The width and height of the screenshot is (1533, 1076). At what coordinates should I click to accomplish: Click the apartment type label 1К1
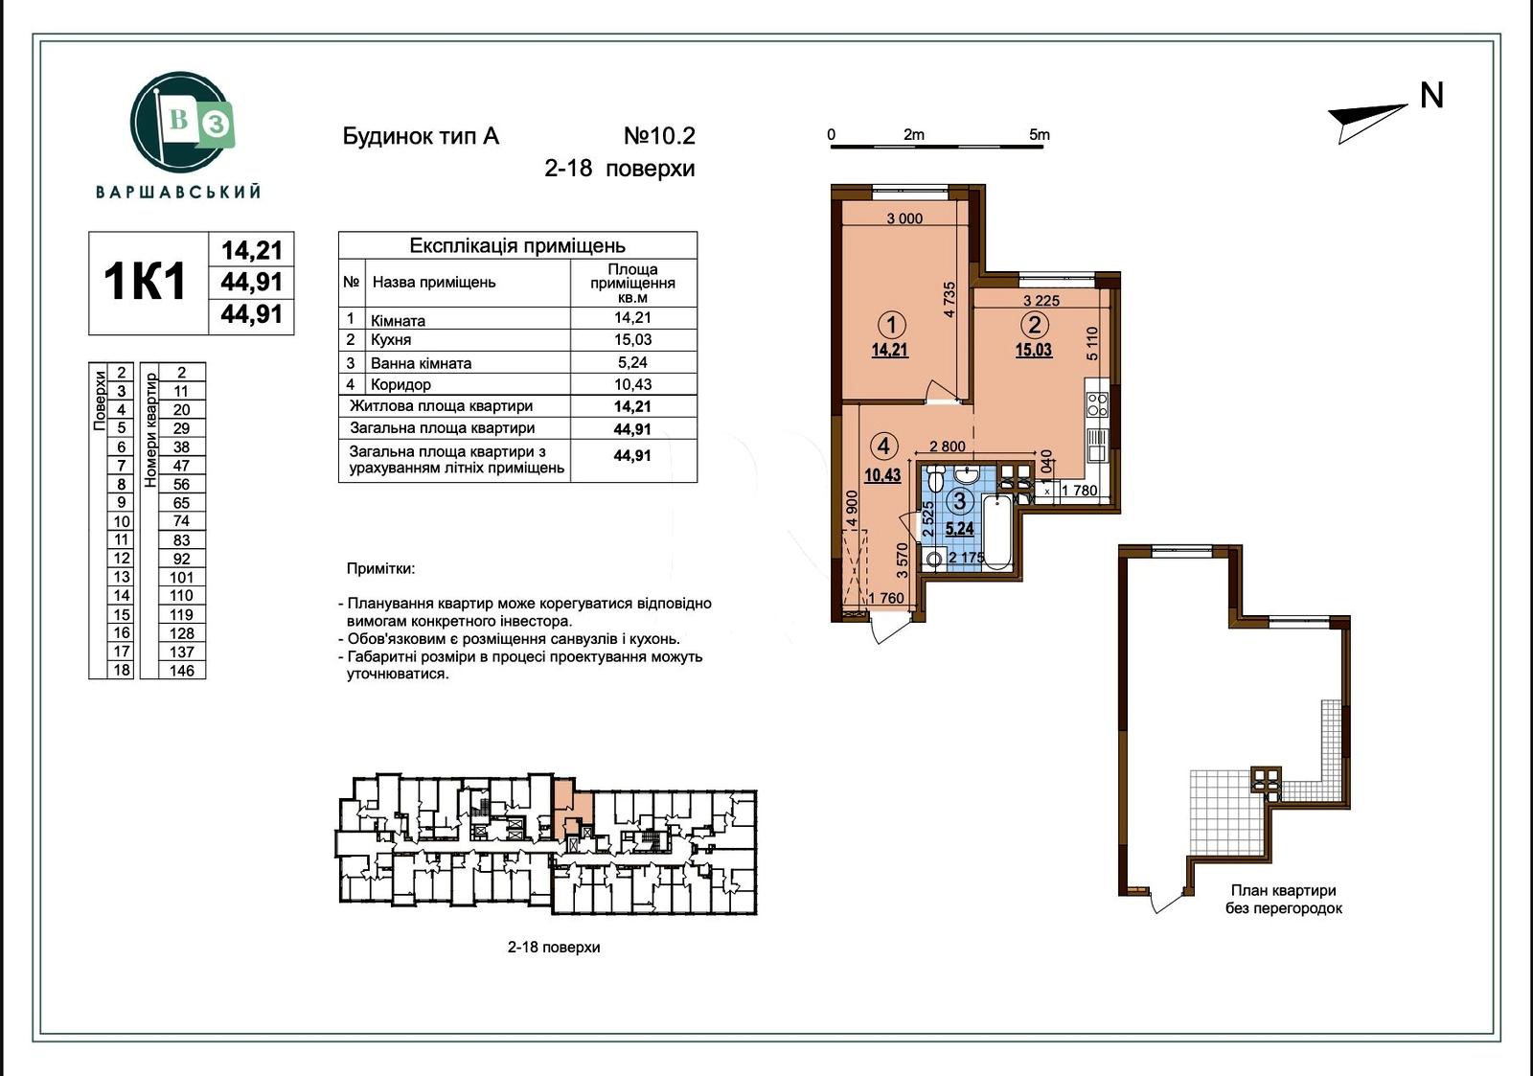(146, 283)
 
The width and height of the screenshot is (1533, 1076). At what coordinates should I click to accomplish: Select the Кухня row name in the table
(391, 340)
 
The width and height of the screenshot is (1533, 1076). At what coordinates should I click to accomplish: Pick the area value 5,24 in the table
(632, 362)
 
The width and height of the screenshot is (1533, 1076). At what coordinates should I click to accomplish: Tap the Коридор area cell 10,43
(632, 384)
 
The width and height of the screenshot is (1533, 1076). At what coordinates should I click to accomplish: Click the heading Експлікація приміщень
(517, 246)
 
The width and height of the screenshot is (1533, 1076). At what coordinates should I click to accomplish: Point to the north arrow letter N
(1431, 96)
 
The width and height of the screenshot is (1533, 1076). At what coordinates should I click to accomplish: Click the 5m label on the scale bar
(1040, 135)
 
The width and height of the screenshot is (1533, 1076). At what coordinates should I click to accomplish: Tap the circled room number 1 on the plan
(891, 324)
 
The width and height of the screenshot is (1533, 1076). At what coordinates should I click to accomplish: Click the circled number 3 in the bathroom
(959, 501)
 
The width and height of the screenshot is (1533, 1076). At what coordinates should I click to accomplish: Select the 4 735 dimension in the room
(950, 299)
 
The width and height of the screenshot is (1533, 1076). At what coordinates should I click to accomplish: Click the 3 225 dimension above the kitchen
(1041, 300)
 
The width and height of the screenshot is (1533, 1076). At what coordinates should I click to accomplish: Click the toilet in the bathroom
(937, 479)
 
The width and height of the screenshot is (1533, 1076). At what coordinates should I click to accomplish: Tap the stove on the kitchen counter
(1097, 403)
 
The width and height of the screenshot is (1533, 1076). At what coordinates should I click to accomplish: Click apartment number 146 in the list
(181, 671)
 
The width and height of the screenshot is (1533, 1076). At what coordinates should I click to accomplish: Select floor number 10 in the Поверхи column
(122, 522)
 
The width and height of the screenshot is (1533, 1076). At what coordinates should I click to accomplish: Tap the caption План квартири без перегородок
(1283, 899)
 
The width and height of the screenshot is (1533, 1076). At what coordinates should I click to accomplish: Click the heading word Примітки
(380, 569)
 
